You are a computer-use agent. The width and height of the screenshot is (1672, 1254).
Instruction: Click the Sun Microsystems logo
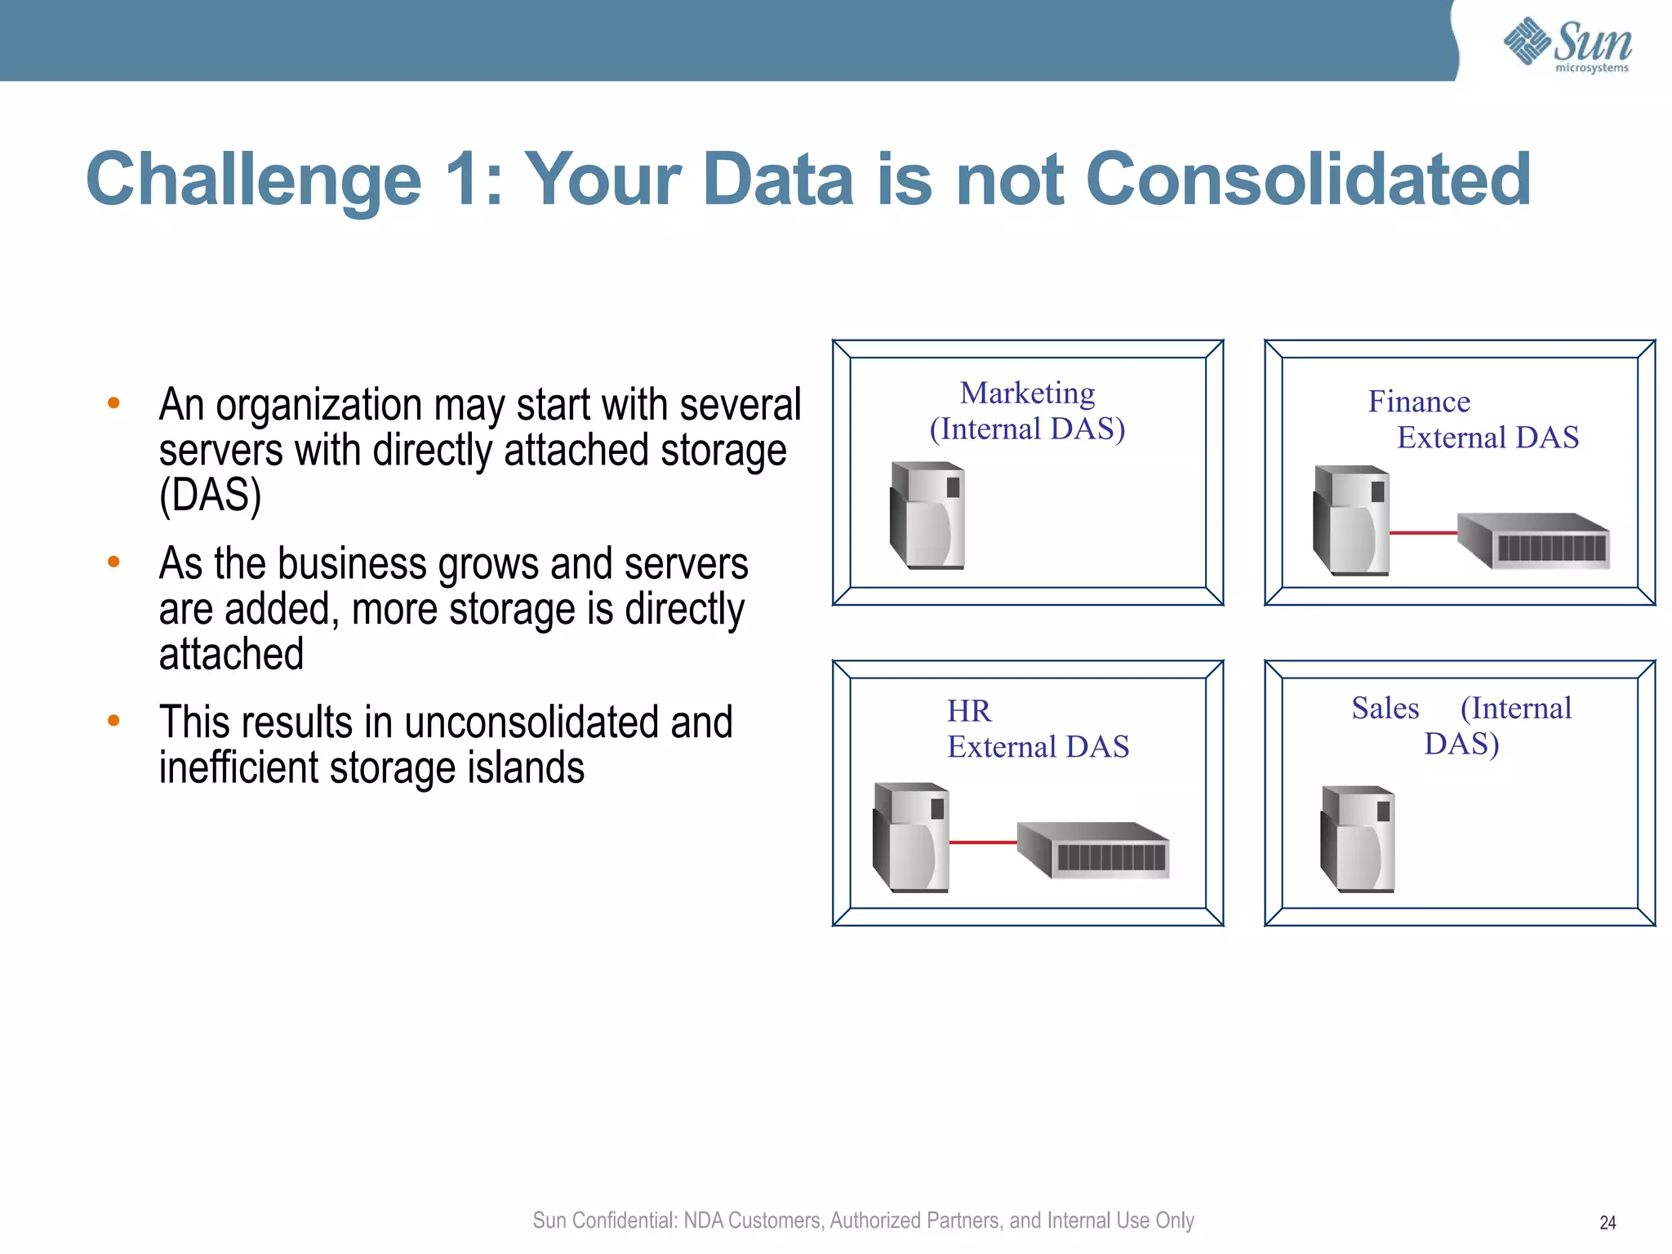click(x=1567, y=44)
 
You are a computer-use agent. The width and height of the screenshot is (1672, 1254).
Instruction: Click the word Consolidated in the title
click(x=1308, y=180)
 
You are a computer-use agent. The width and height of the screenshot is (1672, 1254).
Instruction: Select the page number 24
click(x=1608, y=1222)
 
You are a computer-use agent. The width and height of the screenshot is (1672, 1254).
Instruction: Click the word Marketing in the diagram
click(x=1027, y=394)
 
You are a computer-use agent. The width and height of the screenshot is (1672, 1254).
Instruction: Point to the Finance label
click(x=1419, y=402)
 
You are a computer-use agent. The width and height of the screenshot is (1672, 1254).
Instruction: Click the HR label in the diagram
click(x=969, y=711)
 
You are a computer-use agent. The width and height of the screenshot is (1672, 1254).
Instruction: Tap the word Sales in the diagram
click(x=1385, y=708)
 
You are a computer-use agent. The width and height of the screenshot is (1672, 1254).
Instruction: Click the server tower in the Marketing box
click(x=927, y=515)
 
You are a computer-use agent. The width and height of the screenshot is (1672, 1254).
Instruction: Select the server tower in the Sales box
click(x=1358, y=838)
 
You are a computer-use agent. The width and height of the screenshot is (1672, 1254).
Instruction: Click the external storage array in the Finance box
click(x=1533, y=540)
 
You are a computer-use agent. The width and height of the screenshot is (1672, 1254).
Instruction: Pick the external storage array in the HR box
click(x=1093, y=850)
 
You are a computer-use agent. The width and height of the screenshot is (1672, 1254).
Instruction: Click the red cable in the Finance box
click(x=1423, y=533)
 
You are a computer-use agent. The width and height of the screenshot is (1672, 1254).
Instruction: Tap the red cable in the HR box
click(x=983, y=843)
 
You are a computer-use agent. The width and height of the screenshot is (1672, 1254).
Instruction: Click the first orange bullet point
click(x=114, y=402)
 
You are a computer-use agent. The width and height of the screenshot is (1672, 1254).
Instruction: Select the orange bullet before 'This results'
click(x=114, y=720)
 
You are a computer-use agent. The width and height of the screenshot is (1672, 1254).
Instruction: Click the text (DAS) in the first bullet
click(x=210, y=496)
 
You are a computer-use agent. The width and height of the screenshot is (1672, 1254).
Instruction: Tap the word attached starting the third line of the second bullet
click(x=231, y=654)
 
